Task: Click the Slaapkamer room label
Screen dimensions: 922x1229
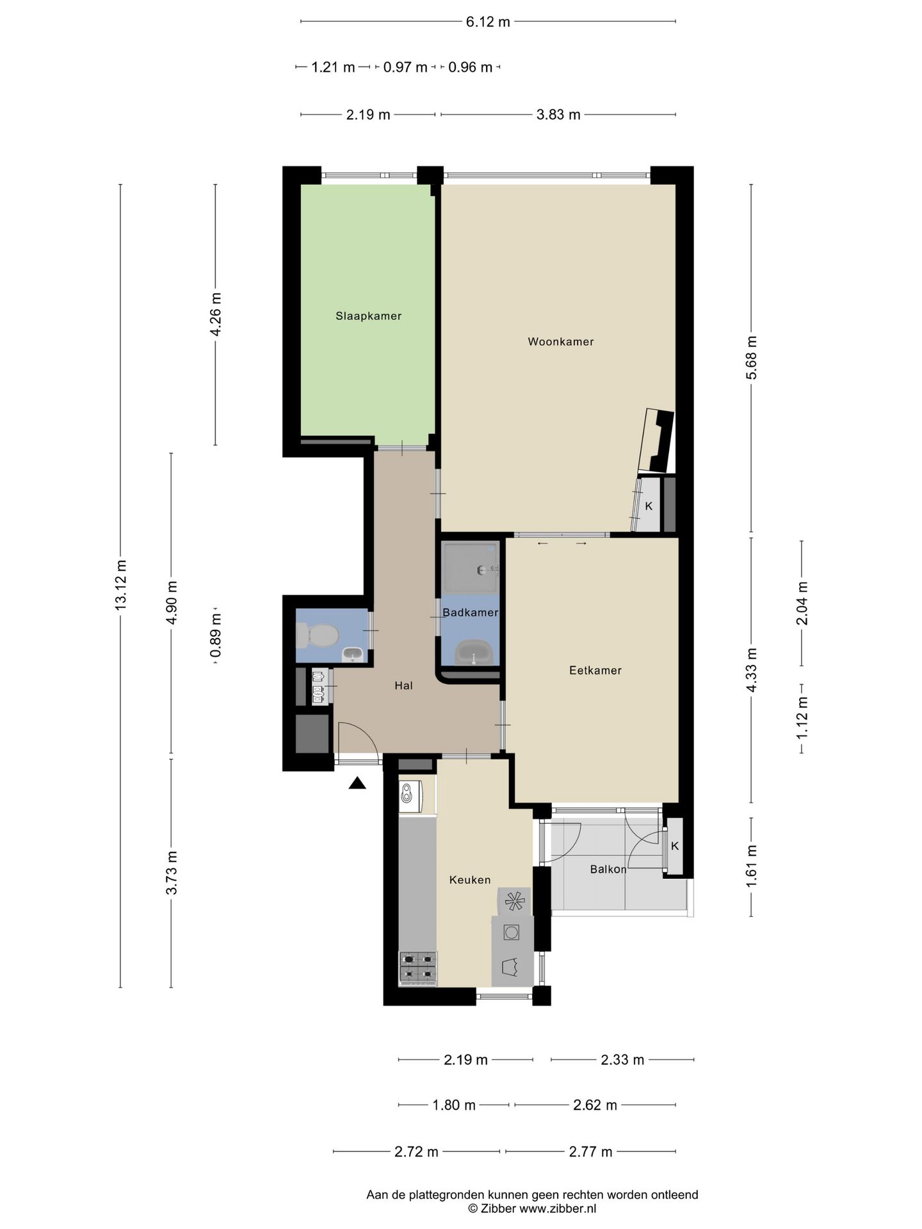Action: tap(368, 316)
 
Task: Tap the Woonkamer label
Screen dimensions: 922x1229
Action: tap(560, 341)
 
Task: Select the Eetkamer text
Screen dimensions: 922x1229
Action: tap(595, 670)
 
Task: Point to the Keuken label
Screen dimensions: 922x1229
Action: tap(470, 880)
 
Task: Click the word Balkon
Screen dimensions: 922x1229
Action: tap(608, 869)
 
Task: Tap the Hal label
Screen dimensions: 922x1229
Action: tap(403, 686)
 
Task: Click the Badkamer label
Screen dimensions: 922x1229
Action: tap(471, 613)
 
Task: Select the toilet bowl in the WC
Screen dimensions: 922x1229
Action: tap(318, 635)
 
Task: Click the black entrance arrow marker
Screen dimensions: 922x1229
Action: tap(357, 783)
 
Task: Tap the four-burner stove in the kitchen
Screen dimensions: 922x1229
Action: tap(418, 968)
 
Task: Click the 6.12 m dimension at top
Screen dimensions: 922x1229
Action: tap(488, 22)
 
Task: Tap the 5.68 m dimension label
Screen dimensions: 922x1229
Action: tap(751, 357)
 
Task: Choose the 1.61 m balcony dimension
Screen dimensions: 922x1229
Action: tap(751, 865)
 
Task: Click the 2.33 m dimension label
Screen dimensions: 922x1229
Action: tap(622, 1059)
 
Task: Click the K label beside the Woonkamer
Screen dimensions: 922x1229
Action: tap(649, 506)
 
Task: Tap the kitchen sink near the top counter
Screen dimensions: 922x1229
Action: tap(408, 794)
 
